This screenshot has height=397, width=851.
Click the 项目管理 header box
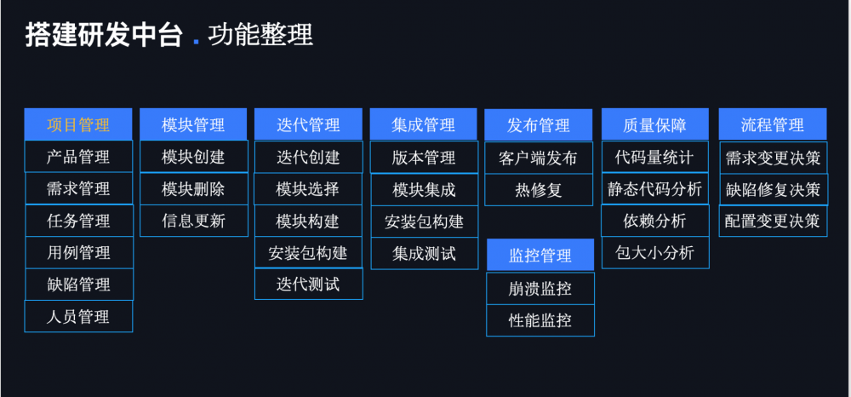click(x=78, y=125)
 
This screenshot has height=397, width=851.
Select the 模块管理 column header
click(x=193, y=125)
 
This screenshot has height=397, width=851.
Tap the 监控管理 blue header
click(x=540, y=256)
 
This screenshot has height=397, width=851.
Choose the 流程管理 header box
click(x=773, y=125)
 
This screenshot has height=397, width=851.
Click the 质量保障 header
click(x=654, y=125)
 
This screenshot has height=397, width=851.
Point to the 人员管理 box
click(x=78, y=317)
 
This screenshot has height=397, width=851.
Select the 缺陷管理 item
click(x=78, y=285)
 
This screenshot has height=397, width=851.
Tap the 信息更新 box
click(x=193, y=222)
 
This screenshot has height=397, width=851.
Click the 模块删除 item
click(x=193, y=189)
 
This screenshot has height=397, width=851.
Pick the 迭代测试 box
click(x=308, y=285)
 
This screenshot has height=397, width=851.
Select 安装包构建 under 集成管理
click(x=424, y=222)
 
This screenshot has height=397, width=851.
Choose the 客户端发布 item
click(x=539, y=158)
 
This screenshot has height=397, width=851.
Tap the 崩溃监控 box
click(x=540, y=289)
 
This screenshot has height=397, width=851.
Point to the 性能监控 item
click(x=540, y=321)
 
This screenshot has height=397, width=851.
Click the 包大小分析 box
click(x=654, y=253)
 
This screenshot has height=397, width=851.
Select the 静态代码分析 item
click(x=654, y=189)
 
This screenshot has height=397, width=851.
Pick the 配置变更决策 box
click(x=773, y=222)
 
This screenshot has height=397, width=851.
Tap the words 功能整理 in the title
click(x=260, y=35)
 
